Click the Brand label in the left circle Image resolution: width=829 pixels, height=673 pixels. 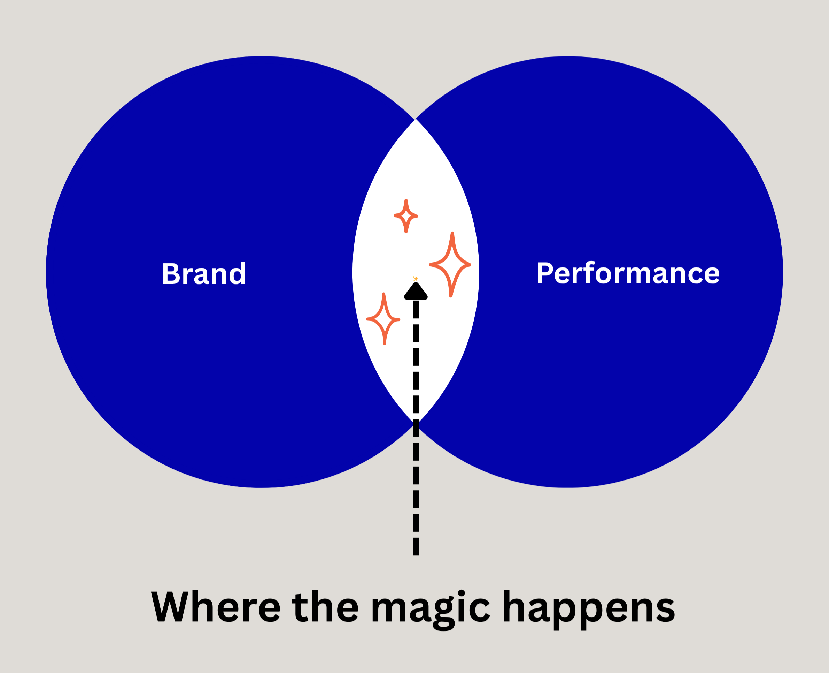[x=204, y=274]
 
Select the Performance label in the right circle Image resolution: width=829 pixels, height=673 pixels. [x=628, y=273]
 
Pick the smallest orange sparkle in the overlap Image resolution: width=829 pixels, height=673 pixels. [x=406, y=216]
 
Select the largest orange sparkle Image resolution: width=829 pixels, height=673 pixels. [x=450, y=265]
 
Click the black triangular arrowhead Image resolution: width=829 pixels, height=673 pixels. [x=416, y=292]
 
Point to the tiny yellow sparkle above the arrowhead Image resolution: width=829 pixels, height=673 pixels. [x=416, y=278]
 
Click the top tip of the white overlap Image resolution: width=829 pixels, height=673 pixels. [x=415, y=120]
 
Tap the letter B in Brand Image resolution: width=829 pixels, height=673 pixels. [x=171, y=274]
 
